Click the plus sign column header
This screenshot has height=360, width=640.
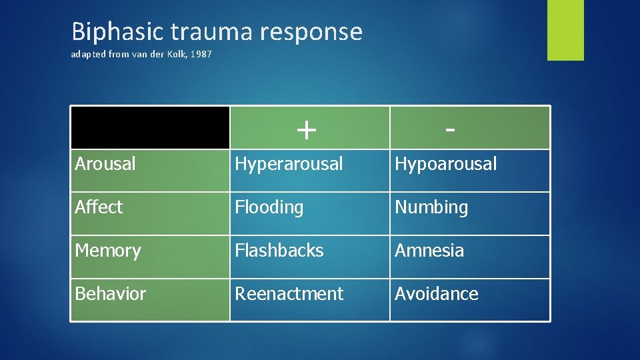[306, 129]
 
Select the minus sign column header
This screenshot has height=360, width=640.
[451, 129]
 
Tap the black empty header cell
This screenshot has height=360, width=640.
[150, 127]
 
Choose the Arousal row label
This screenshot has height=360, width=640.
[105, 163]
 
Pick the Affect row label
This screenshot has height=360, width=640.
[99, 207]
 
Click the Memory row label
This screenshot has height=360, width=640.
[108, 251]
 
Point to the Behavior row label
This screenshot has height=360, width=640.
[111, 294]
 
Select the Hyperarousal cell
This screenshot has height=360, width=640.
[289, 164]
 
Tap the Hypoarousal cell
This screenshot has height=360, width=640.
[446, 164]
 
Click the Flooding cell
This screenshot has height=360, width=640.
[269, 207]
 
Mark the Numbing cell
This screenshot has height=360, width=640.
[431, 207]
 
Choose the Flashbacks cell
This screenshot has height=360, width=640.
[279, 251]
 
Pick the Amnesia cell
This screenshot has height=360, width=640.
[429, 251]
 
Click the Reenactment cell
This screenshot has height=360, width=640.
[289, 294]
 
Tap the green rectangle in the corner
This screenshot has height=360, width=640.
[565, 30]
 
